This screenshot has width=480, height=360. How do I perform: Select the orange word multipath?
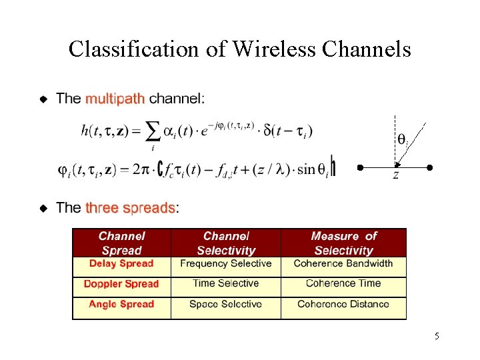(x=115, y=99)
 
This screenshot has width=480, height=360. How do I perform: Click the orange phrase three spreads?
(x=130, y=208)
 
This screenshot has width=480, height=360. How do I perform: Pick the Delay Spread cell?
(x=121, y=264)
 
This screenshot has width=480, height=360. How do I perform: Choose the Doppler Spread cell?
(x=121, y=284)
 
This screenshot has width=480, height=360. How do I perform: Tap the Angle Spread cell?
(x=121, y=305)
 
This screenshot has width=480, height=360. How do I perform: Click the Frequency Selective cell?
(x=226, y=264)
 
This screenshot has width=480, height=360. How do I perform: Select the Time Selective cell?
(x=226, y=284)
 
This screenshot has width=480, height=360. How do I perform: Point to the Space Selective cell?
(x=226, y=305)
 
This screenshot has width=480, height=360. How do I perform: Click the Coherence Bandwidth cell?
(x=343, y=264)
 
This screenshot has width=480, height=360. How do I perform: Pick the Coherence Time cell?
(x=343, y=284)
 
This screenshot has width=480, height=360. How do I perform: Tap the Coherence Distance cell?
(x=343, y=305)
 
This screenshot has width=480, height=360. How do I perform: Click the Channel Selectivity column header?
(x=226, y=243)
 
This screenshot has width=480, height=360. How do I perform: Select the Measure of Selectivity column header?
(x=343, y=243)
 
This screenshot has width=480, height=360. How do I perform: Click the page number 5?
(x=437, y=336)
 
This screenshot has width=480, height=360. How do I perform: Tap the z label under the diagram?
(x=396, y=175)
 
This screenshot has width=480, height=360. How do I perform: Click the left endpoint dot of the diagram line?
(x=359, y=167)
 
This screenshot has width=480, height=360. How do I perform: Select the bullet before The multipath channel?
(x=43, y=100)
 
